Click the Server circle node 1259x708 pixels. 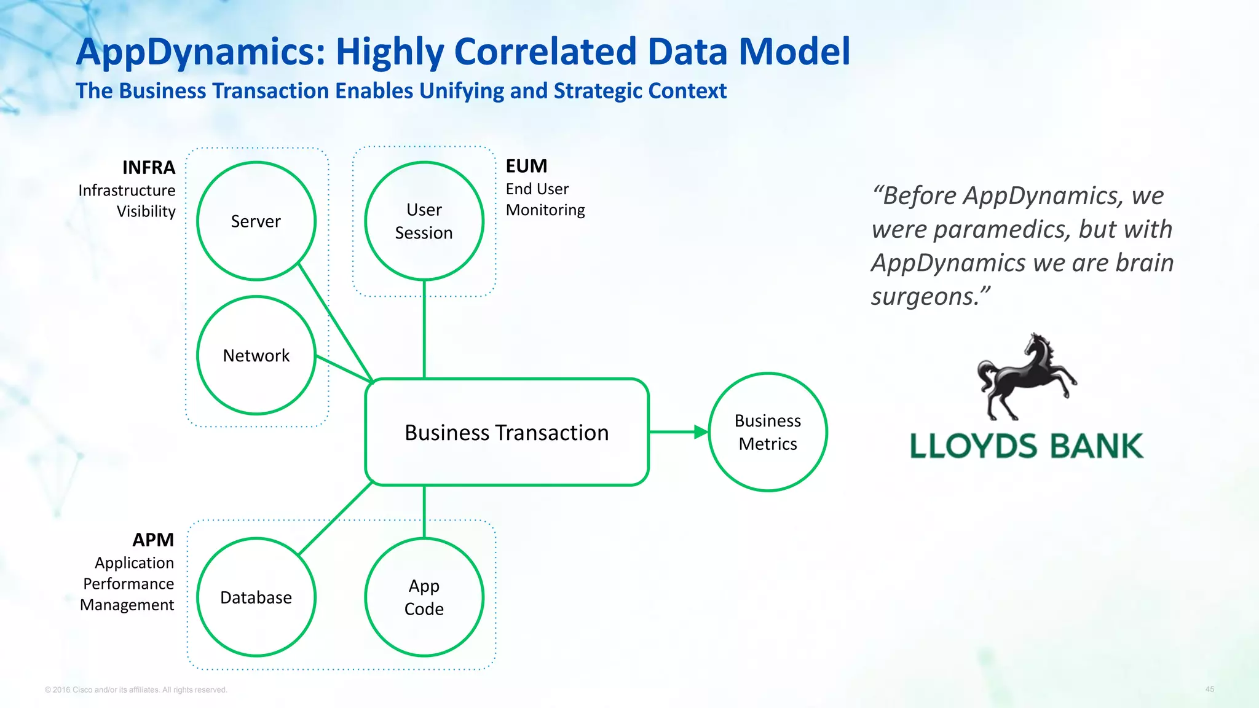pyautogui.click(x=256, y=221)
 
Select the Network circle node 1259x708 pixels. pyautogui.click(x=256, y=355)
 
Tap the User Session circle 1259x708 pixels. pyautogui.click(x=424, y=221)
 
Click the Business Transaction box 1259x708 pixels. pyautogui.click(x=507, y=432)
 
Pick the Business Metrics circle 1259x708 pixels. pyautogui.click(x=767, y=432)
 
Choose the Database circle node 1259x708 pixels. pyautogui.click(x=256, y=597)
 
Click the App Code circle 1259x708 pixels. pyautogui.click(x=424, y=597)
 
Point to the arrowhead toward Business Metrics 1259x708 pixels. pyautogui.click(x=701, y=432)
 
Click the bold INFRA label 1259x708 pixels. pyautogui.click(x=149, y=167)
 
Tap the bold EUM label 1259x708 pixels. pyautogui.click(x=526, y=166)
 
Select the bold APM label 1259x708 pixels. pyautogui.click(x=153, y=540)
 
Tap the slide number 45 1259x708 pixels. pyautogui.click(x=1209, y=689)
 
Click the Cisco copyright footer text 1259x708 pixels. pyautogui.click(x=136, y=690)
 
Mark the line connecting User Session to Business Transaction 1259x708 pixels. pyautogui.click(x=424, y=329)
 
